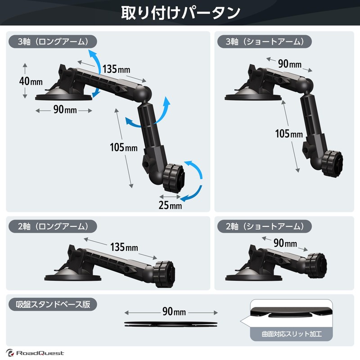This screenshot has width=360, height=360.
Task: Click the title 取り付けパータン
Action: click(x=180, y=13)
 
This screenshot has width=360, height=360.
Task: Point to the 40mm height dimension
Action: click(x=31, y=81)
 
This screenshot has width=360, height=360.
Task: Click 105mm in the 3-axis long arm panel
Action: click(x=124, y=147)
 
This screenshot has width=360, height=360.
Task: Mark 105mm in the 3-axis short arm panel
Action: click(x=289, y=134)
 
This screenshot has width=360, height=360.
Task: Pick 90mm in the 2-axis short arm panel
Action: click(x=285, y=243)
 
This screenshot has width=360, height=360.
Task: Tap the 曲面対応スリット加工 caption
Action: click(x=291, y=334)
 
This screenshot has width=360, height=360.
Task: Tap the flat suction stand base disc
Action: click(x=171, y=324)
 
